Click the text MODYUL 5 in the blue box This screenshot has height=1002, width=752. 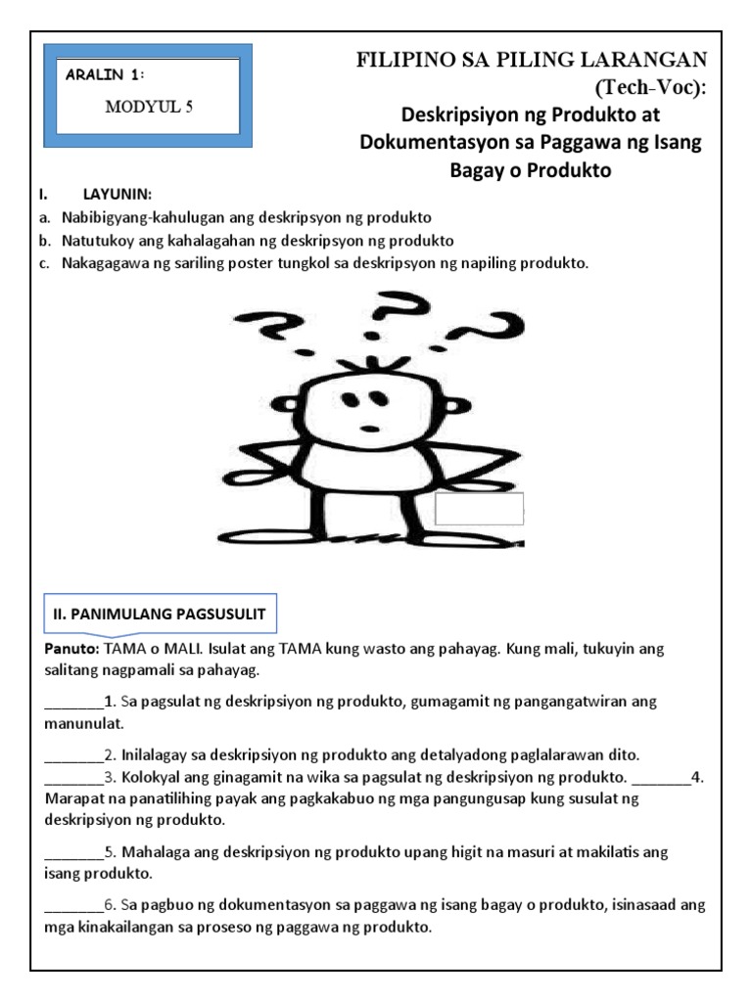tap(150, 108)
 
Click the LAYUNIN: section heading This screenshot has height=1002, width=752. tap(118, 194)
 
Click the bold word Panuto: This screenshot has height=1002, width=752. tap(73, 650)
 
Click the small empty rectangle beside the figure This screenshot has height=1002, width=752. tap(480, 509)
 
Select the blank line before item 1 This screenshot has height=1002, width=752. tap(73, 703)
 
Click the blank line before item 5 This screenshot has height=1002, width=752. tap(73, 852)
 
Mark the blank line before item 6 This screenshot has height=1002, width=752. tap(73, 905)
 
